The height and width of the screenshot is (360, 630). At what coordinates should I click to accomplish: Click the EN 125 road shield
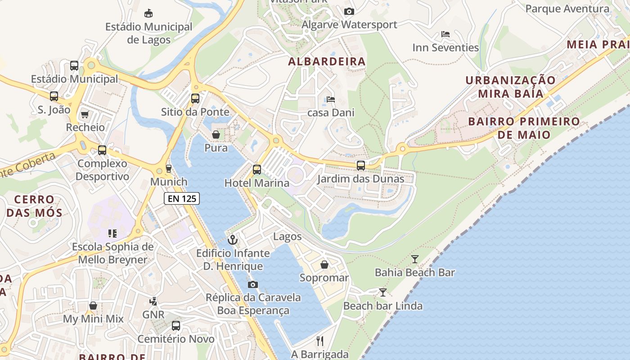181,198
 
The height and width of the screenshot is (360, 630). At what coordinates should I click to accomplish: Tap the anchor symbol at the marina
233,240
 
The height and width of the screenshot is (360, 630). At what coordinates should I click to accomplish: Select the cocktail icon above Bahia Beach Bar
414,259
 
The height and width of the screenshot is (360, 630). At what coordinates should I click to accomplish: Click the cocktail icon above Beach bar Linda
382,292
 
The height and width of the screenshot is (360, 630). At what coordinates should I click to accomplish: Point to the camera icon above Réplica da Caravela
253,284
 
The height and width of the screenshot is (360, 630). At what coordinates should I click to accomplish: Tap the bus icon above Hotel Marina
256,170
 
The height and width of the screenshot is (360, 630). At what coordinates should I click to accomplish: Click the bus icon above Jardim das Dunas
360,166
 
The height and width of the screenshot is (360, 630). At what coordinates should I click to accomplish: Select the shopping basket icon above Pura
216,135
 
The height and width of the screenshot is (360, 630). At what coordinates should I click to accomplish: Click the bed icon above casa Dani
331,99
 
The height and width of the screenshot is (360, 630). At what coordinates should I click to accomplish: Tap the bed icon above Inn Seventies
445,34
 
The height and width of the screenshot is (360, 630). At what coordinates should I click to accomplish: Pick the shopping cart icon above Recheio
85,114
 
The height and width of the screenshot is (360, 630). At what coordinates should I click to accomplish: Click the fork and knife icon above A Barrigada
320,341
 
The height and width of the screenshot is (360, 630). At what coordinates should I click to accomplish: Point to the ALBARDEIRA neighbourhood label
327,62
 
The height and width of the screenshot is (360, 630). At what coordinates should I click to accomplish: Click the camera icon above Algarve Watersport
349,12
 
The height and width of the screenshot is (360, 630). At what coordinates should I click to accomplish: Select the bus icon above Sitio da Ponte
195,99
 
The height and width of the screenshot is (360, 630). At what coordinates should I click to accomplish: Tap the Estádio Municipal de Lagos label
149,33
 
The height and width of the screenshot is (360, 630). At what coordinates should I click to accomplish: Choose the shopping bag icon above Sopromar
324,265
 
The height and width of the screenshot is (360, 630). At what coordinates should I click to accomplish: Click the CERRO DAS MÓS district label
34,206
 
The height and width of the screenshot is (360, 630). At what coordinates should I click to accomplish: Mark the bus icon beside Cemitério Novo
176,326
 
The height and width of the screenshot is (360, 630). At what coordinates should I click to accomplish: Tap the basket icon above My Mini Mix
93,306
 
